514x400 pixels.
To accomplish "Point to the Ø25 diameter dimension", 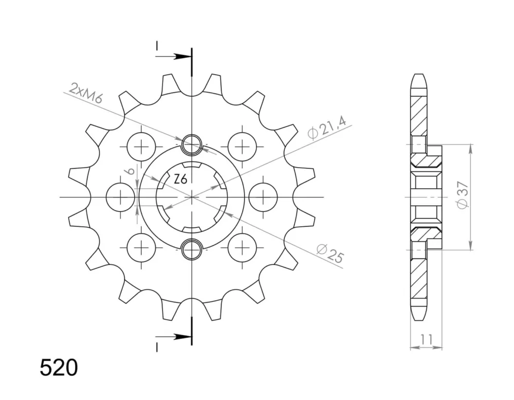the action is click(331, 253).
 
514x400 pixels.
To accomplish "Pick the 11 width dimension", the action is click(426, 340).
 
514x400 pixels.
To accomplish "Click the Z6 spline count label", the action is click(180, 179).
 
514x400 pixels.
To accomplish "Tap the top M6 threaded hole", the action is click(191, 144).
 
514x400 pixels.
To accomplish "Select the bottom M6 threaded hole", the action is click(191, 250).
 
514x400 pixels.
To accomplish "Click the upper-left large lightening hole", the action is click(141, 146).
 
